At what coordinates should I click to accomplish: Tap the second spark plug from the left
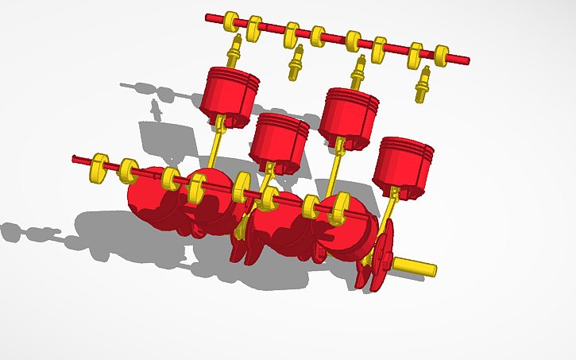296,63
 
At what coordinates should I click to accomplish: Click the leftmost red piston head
230,91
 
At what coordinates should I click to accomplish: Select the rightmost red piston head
404,163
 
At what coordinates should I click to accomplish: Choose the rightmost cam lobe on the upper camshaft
442,55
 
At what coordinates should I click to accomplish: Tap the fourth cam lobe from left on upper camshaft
318,36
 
